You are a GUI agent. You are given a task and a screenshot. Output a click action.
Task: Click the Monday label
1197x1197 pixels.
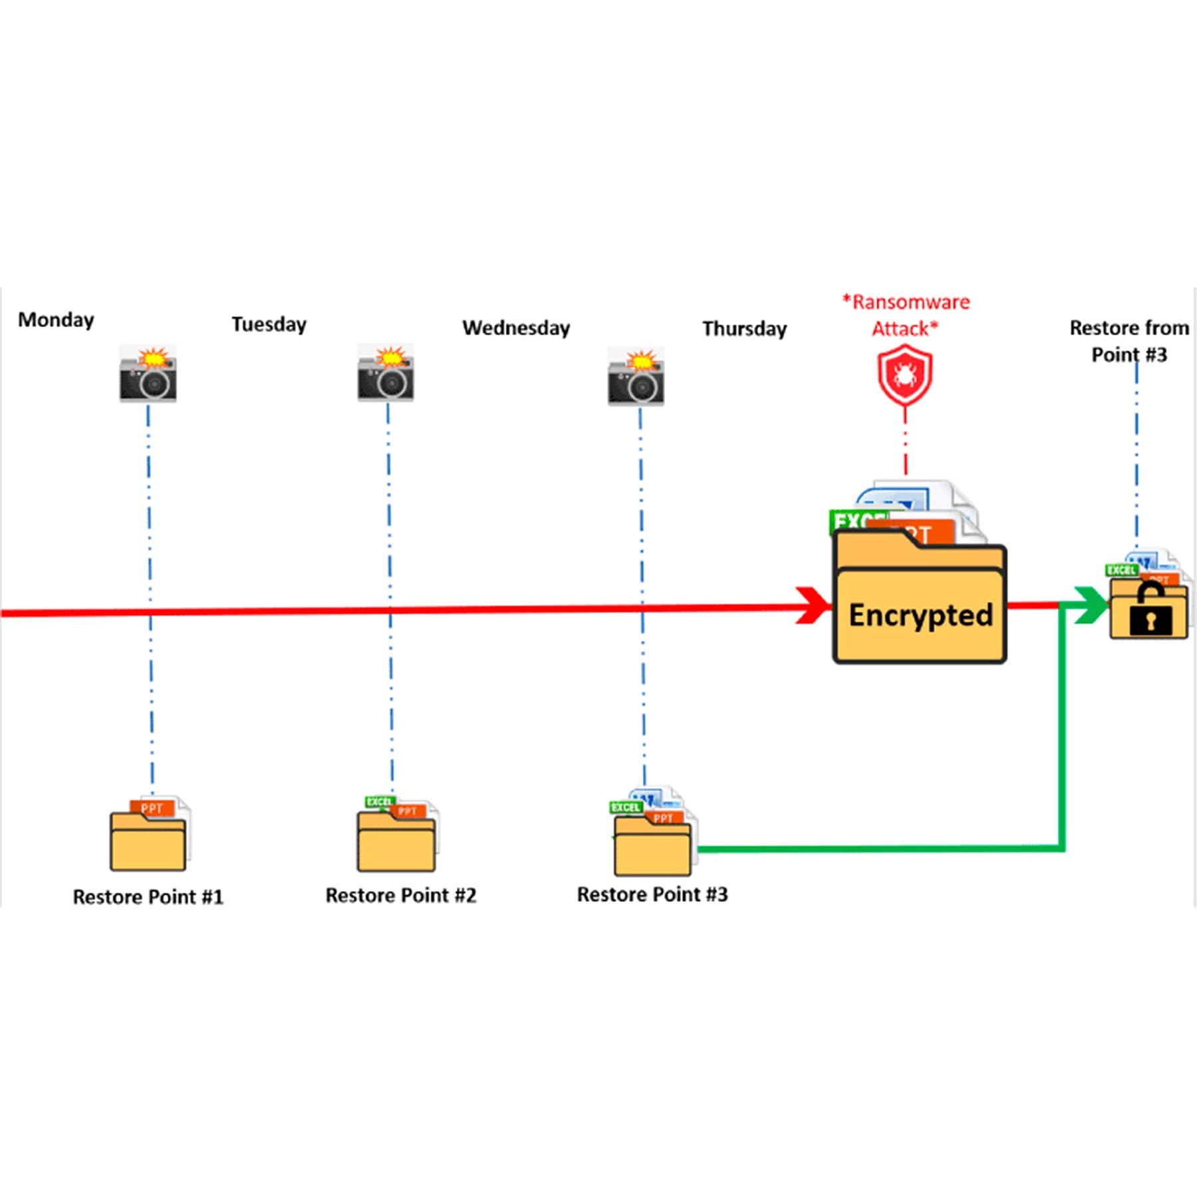click(56, 320)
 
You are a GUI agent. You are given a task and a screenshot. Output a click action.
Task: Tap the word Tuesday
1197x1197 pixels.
click(269, 325)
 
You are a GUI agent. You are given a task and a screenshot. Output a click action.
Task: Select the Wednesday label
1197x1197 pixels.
click(516, 328)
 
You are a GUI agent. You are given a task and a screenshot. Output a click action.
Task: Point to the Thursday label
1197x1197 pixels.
click(744, 329)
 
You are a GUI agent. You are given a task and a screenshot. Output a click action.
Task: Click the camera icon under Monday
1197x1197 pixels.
click(148, 374)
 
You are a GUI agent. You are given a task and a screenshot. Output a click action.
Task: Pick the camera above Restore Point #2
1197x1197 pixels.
click(386, 374)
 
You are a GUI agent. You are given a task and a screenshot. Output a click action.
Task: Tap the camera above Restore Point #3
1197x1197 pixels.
click(636, 377)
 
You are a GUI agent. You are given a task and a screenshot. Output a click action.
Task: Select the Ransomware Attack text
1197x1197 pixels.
click(906, 315)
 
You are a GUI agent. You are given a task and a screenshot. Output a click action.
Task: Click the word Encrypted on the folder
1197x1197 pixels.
click(920, 615)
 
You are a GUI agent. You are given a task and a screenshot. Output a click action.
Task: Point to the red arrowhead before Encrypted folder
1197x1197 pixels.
click(813, 605)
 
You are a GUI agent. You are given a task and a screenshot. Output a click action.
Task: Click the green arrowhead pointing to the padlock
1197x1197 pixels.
click(1091, 605)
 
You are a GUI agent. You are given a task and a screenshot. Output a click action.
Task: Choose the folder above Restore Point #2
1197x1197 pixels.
click(396, 841)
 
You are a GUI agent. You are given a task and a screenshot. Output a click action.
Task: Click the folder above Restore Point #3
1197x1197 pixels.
click(652, 845)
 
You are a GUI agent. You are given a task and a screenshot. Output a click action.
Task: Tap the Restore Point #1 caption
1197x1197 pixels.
click(148, 897)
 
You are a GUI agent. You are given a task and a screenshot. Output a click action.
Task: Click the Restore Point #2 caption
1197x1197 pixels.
click(401, 896)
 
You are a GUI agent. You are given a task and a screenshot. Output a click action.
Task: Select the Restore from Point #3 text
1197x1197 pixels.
click(1129, 341)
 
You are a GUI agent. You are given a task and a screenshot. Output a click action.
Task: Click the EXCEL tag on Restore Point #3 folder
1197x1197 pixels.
click(625, 807)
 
